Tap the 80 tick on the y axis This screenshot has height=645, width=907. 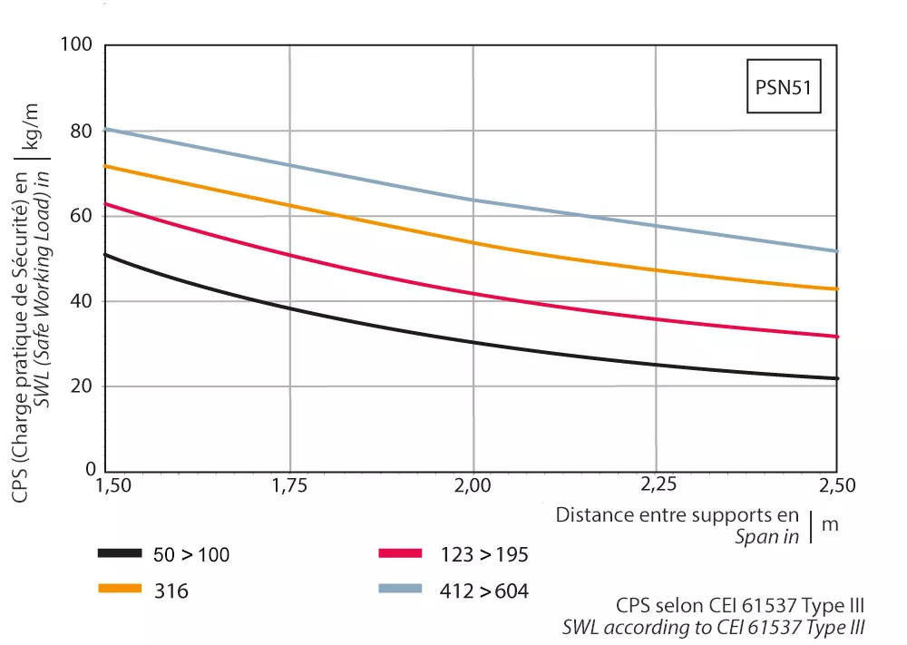point(82,131)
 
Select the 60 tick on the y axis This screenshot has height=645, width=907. point(82,216)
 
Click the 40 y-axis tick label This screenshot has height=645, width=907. point(82,300)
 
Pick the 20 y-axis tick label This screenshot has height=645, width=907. point(82,386)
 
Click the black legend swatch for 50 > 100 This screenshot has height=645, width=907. point(120,553)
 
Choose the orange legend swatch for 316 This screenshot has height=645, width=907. point(120,589)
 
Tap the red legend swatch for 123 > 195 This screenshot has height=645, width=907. point(400,553)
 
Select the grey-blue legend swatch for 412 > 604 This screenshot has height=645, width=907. point(400,589)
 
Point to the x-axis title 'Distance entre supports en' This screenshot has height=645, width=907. point(678,515)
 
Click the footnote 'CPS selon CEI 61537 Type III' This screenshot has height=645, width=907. point(739,605)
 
